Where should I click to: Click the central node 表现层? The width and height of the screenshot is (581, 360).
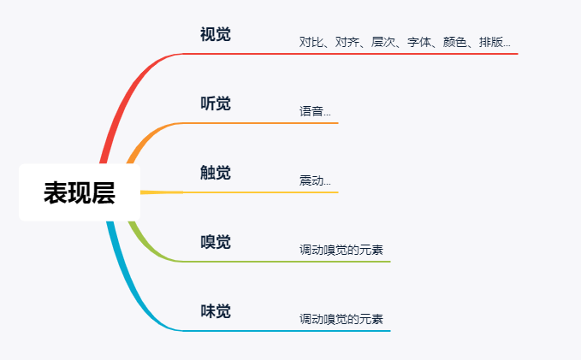pyautogui.click(x=80, y=192)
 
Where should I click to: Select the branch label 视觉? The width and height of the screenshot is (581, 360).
pyautogui.click(x=216, y=34)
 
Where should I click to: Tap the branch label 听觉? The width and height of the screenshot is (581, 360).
pyautogui.click(x=216, y=103)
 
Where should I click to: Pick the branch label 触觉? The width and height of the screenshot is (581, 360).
pyautogui.click(x=216, y=173)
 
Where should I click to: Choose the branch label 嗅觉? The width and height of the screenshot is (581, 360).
pyautogui.click(x=216, y=242)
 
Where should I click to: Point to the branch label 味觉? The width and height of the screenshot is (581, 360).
pyautogui.click(x=216, y=311)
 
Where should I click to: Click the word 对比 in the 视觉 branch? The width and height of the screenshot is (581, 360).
pyautogui.click(x=311, y=42)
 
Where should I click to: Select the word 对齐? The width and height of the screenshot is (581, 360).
pyautogui.click(x=347, y=42)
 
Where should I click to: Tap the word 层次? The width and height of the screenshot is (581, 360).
pyautogui.click(x=383, y=42)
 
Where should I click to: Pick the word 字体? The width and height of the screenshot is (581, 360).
pyautogui.click(x=419, y=42)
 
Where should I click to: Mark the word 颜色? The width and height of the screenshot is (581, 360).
pyautogui.click(x=455, y=42)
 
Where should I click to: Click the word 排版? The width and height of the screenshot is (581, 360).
pyautogui.click(x=491, y=42)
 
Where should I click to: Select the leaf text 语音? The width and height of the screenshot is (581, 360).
pyautogui.click(x=311, y=111)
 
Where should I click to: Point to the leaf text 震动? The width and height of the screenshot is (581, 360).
pyautogui.click(x=311, y=180)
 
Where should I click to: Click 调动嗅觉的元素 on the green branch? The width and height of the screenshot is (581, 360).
pyautogui.click(x=341, y=250)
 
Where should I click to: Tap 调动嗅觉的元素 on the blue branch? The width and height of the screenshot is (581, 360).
pyautogui.click(x=341, y=319)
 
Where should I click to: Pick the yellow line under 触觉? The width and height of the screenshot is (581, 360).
pyautogui.click(x=240, y=192)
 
